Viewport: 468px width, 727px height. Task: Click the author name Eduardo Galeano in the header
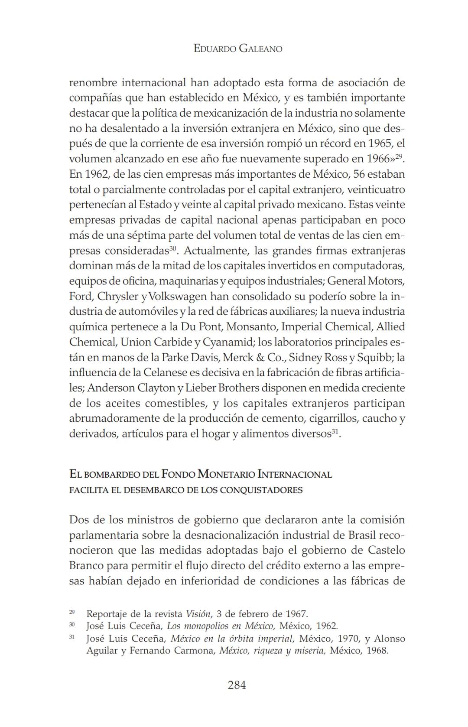coord(238,49)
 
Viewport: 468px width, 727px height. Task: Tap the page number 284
coord(237,685)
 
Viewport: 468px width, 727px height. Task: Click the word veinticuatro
coord(376,189)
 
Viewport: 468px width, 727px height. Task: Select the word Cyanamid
coord(227,342)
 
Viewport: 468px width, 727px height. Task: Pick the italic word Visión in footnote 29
coord(198,614)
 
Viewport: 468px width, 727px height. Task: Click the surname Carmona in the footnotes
coord(194,651)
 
